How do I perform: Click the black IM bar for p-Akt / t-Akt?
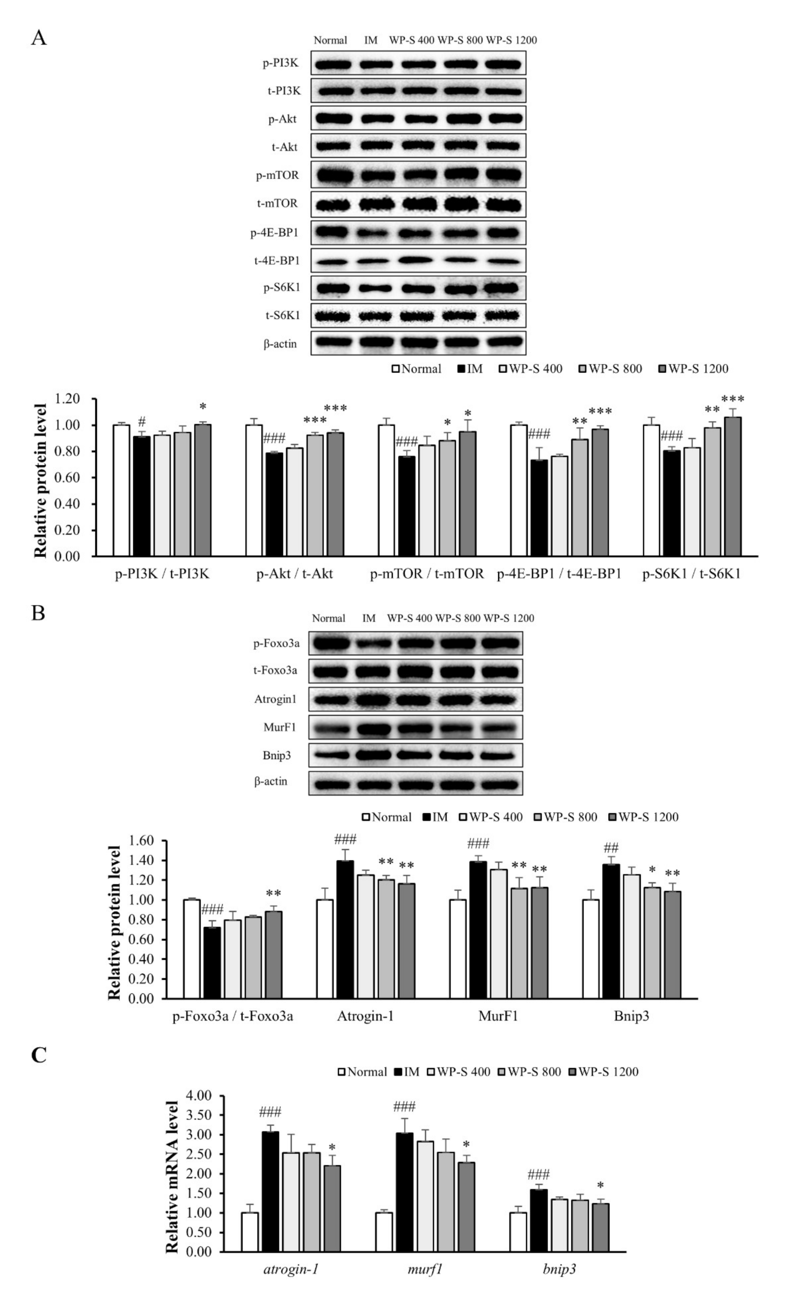274,504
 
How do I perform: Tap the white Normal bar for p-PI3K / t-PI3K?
122,490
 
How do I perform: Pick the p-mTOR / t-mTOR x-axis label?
427,574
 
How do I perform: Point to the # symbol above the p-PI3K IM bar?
142,421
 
